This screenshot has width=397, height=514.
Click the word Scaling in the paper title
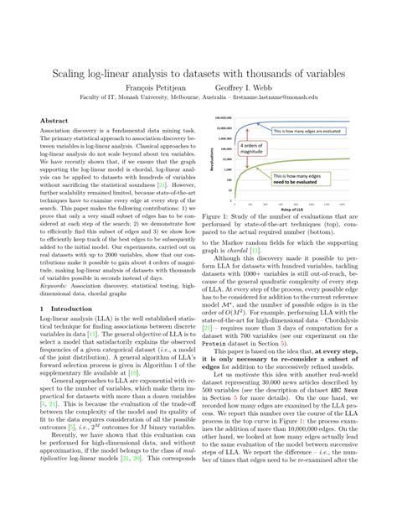[x=77, y=73]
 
